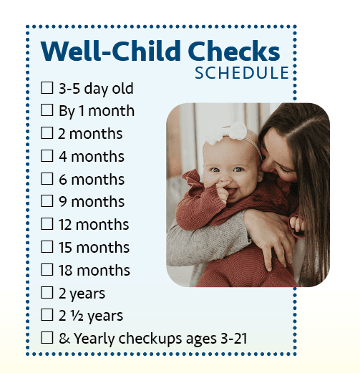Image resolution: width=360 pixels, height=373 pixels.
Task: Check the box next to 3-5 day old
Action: [x=47, y=87]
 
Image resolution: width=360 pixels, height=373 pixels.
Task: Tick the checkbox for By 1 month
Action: [x=47, y=110]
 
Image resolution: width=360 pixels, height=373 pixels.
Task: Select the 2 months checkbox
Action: [x=47, y=132]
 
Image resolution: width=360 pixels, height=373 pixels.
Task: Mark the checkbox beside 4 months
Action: [x=47, y=155]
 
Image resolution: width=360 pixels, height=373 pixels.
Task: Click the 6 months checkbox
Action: [x=47, y=178]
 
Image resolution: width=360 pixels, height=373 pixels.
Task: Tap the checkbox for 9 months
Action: [x=47, y=201]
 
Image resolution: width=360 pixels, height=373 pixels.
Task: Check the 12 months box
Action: [x=47, y=223]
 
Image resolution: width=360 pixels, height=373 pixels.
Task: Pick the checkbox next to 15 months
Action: [x=47, y=246]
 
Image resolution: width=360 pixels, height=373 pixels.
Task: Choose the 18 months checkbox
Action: [x=47, y=269]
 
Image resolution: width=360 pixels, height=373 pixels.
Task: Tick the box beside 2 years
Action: [x=47, y=292]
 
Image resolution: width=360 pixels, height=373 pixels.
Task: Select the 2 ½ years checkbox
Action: [x=47, y=315]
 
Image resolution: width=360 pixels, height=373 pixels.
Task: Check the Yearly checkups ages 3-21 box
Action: [x=47, y=338]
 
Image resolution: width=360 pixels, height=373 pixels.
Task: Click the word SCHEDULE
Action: [x=242, y=73]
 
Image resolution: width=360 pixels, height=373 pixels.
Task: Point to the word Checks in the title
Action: [x=234, y=51]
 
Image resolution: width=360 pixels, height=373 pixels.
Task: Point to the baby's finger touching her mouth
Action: [x=223, y=187]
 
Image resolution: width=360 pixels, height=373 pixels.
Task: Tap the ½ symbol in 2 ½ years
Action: [x=77, y=316]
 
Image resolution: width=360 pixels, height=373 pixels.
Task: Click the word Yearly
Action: [x=95, y=339]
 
